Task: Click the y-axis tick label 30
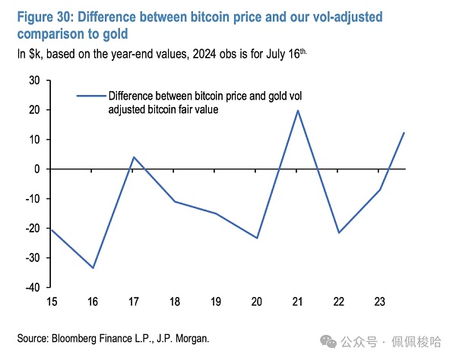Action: point(34,80)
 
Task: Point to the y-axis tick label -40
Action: point(32,288)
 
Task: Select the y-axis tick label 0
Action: point(36,169)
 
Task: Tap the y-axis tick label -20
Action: point(32,229)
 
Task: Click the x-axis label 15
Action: point(51,302)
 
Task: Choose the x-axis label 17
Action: point(133,302)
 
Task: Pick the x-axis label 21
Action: point(297,302)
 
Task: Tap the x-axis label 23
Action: point(379,302)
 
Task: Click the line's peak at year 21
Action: point(297,110)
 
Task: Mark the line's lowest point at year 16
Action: point(92,268)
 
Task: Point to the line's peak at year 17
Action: point(133,157)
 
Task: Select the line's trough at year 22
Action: point(338,232)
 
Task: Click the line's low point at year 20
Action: point(256,238)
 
